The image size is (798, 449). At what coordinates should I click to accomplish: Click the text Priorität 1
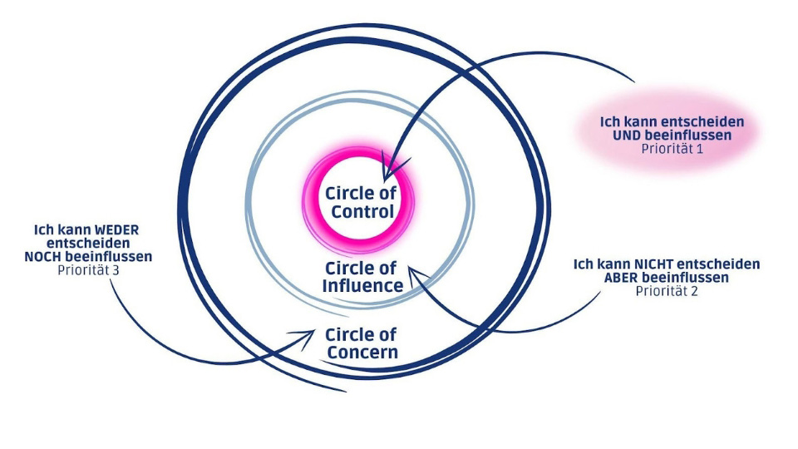(x=672, y=149)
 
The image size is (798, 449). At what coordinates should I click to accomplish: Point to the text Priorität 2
(x=667, y=291)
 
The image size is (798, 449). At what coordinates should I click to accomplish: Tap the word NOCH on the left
(x=43, y=256)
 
